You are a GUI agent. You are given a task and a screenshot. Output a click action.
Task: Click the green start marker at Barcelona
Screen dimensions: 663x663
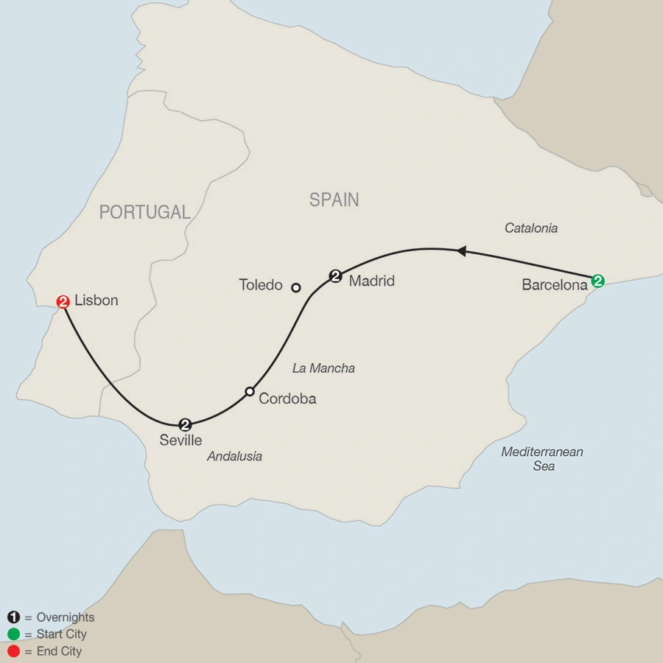[x=598, y=281]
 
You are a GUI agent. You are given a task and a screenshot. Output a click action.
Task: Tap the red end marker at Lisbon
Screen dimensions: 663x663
[x=63, y=301]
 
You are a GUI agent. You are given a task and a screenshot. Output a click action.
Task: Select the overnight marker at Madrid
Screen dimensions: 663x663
[x=336, y=276]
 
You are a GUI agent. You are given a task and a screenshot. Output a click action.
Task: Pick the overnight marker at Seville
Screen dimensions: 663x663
[x=185, y=424]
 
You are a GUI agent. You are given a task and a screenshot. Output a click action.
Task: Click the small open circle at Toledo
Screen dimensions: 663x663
[x=296, y=287]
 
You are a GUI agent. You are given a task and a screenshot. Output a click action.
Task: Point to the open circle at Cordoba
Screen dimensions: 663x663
[x=250, y=391]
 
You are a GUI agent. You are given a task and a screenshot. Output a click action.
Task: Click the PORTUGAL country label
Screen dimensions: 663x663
[x=145, y=213]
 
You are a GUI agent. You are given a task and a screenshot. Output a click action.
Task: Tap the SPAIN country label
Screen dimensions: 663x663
[x=334, y=200]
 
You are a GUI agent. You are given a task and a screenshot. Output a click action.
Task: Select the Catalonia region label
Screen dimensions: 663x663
[x=530, y=228]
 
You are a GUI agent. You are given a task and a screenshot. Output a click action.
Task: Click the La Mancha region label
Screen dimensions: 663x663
[x=323, y=368]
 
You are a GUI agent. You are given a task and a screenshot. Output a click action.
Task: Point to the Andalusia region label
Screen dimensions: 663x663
[x=234, y=456]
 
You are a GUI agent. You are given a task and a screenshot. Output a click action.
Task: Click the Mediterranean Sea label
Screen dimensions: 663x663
[x=541, y=459]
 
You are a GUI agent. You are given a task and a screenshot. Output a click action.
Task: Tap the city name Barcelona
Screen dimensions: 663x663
[x=554, y=285]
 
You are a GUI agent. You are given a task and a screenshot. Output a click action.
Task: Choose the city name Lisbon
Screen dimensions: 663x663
[x=96, y=301]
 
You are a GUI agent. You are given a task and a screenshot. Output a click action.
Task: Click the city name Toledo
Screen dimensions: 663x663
[x=261, y=285]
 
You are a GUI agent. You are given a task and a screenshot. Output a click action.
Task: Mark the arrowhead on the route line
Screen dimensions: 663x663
[x=461, y=251]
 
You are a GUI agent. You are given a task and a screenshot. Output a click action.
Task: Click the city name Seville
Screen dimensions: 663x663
[x=180, y=441]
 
